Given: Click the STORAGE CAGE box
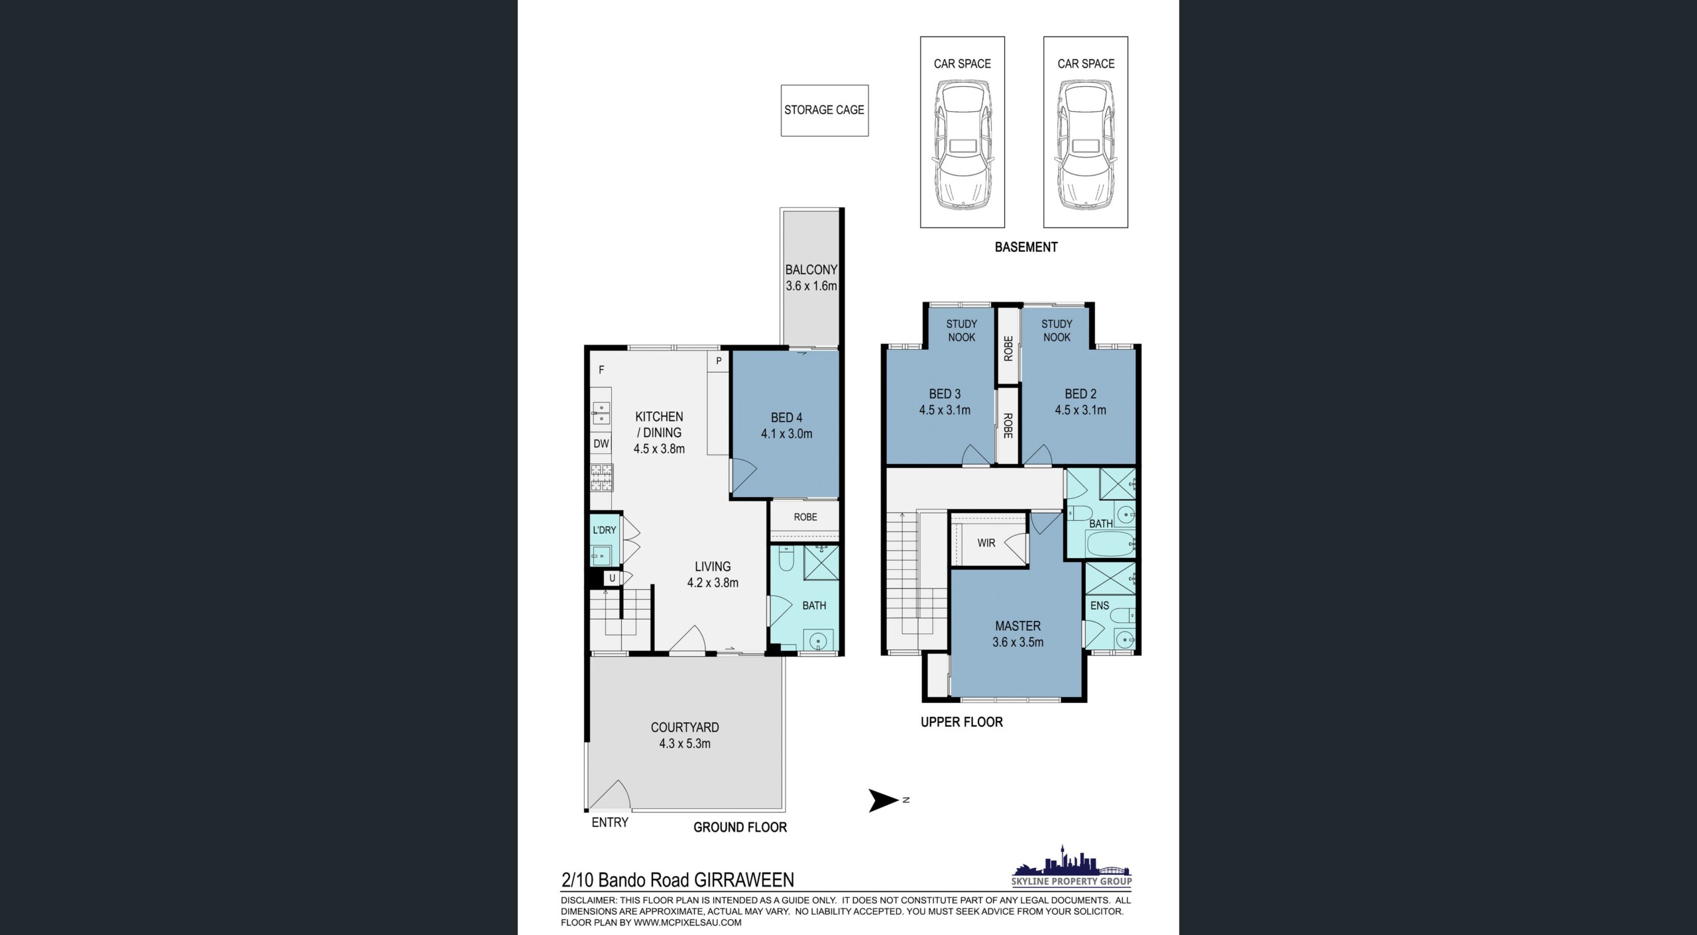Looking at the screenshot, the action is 825,111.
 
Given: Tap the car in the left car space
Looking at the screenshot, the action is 963,144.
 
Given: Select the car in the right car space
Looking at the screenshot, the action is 1086,144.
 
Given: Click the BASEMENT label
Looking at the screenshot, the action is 1026,247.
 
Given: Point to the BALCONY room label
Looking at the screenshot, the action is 811,270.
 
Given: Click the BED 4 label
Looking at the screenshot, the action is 787,417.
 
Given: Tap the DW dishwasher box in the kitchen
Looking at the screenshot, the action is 601,444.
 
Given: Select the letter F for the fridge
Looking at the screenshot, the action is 601,370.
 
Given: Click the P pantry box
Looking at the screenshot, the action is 719,361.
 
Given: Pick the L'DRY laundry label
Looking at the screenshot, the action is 605,530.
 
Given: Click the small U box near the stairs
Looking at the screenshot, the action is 612,578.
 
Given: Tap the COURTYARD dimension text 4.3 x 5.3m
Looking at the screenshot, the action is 685,743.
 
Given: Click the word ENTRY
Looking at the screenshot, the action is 610,822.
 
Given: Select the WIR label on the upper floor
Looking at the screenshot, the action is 986,543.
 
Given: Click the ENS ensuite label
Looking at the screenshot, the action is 1100,606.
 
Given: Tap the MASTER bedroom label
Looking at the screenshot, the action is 1018,626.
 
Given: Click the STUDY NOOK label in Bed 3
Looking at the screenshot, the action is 962,331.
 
